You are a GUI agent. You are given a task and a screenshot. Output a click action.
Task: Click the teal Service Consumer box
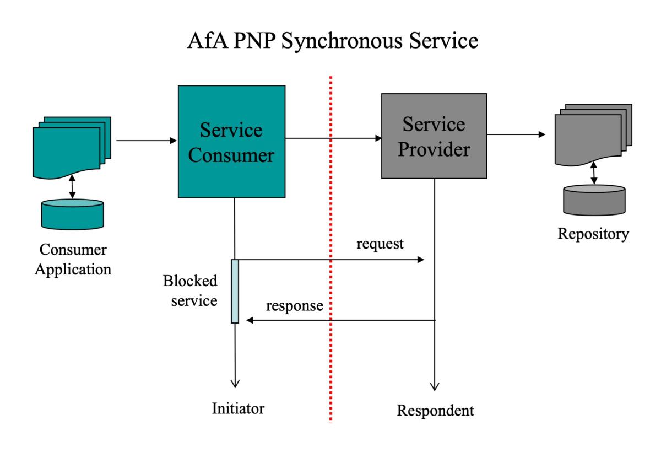tap(231, 142)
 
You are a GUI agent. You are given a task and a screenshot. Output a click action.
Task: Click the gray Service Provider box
tap(434, 136)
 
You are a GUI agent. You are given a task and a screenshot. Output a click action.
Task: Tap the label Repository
tap(593, 234)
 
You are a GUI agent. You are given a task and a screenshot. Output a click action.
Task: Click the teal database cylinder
tap(73, 214)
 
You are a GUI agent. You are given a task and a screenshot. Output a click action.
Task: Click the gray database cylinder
tap(594, 200)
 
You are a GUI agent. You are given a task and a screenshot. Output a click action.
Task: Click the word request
tap(381, 243)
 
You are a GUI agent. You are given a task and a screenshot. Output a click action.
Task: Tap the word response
tap(294, 306)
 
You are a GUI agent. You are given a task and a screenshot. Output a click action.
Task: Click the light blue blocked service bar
tap(235, 290)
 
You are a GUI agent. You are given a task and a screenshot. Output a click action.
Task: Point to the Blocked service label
tap(190, 291)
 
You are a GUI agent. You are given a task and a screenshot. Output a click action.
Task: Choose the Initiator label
tap(238, 408)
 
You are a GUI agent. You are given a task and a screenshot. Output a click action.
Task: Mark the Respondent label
tap(435, 411)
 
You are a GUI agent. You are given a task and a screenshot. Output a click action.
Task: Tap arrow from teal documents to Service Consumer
tap(145, 141)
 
